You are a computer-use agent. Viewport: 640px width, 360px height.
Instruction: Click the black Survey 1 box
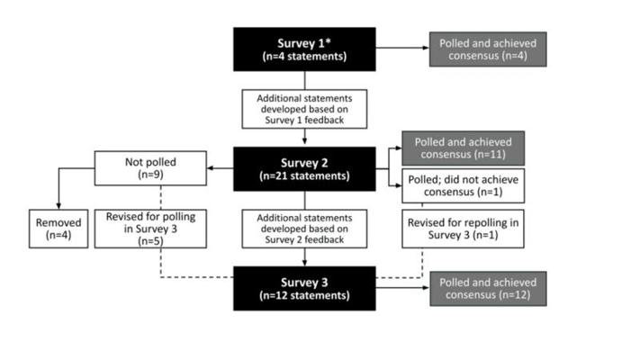(x=304, y=49)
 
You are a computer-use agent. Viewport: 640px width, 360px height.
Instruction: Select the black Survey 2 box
(x=304, y=169)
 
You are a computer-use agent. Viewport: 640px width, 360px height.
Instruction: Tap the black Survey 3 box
(x=304, y=289)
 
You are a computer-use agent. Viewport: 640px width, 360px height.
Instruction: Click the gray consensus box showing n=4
(x=488, y=49)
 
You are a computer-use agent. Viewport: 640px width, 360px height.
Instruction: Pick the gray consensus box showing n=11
(x=464, y=148)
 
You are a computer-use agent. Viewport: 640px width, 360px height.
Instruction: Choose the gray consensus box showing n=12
(x=488, y=289)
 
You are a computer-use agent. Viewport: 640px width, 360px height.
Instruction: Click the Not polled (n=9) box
(x=150, y=168)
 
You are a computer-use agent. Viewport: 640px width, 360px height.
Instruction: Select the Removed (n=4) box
(x=59, y=229)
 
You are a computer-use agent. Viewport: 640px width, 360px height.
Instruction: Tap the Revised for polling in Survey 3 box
(x=150, y=229)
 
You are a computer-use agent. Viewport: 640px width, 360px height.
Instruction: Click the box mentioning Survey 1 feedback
(x=304, y=109)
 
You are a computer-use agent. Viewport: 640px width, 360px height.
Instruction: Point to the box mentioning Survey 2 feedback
(x=304, y=229)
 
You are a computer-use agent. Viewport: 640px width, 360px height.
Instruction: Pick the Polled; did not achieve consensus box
(x=464, y=185)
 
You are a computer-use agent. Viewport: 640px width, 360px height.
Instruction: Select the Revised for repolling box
(x=464, y=229)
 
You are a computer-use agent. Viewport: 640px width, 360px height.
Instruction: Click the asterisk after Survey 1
(x=328, y=41)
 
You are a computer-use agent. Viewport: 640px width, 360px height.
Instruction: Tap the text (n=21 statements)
(x=304, y=175)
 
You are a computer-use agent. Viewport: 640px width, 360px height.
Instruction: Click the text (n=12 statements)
(x=304, y=295)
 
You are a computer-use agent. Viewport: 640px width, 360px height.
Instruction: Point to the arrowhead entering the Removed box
(x=59, y=206)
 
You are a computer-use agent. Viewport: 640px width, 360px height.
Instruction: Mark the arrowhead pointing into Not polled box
(x=211, y=168)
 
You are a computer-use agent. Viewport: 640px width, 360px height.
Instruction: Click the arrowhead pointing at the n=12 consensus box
(x=426, y=288)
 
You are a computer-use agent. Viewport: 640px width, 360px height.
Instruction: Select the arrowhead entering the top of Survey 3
(x=304, y=264)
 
